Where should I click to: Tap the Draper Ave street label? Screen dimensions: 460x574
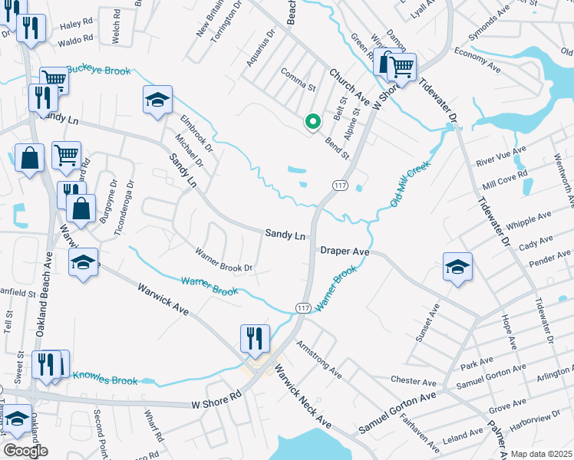[x=345, y=251]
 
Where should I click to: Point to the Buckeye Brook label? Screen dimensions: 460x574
[x=98, y=71]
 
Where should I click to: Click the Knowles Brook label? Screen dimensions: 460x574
[x=105, y=378]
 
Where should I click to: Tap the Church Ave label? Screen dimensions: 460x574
[x=349, y=87]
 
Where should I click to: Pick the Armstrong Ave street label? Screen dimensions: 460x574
[x=318, y=360]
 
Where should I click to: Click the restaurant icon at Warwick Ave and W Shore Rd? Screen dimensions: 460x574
[x=254, y=337]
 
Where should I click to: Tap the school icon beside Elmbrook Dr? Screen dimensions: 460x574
[x=157, y=100]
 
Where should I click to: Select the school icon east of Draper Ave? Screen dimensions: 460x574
[x=457, y=267]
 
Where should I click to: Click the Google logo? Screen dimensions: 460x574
[x=25, y=451]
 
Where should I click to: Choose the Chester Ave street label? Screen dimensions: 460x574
[x=413, y=381]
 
